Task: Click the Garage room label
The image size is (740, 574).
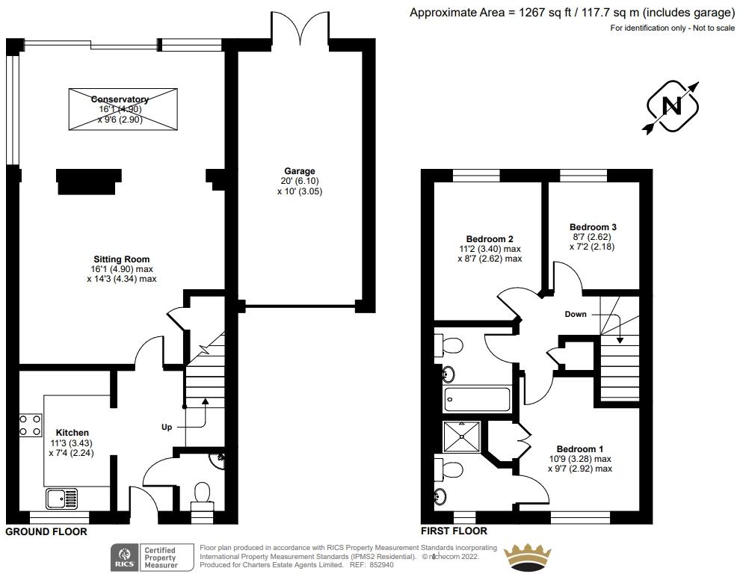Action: coord(299,171)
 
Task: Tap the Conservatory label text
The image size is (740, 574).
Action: coord(120,99)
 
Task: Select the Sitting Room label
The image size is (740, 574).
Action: coord(121,259)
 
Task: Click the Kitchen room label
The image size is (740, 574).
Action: coord(72,433)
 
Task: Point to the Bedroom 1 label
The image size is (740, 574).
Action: coord(580,448)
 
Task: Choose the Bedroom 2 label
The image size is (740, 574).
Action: coord(490,239)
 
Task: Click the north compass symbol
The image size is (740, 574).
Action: coord(672,107)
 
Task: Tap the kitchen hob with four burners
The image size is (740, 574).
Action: coord(31,425)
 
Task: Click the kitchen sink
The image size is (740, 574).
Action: coord(61,497)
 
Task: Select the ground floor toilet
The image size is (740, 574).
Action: coord(202,496)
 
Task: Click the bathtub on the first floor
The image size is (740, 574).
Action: coord(476,399)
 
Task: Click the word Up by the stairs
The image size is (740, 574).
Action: coord(167,428)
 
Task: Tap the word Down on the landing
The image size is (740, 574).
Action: coord(576,314)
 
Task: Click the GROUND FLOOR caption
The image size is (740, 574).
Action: coord(46,532)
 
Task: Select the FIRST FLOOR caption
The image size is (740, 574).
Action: coord(454,531)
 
